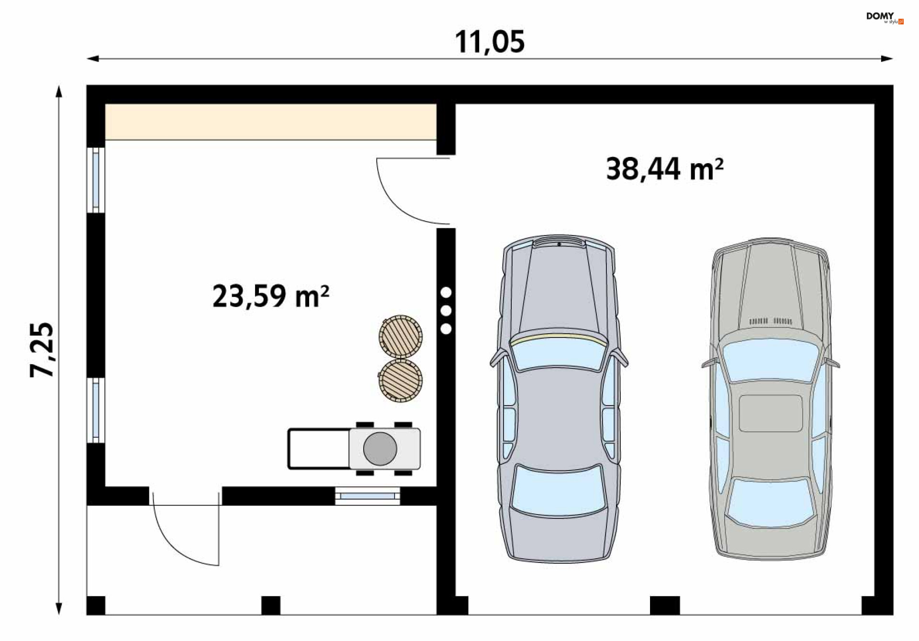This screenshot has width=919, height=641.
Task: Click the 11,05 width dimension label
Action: pyautogui.click(x=489, y=42)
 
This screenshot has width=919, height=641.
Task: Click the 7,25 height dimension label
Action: pyautogui.click(x=42, y=350)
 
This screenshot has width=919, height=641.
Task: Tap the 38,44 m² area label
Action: pyautogui.click(x=664, y=169)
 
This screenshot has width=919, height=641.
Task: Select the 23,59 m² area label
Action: pyautogui.click(x=270, y=296)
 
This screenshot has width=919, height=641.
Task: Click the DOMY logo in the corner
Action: pyautogui.click(x=885, y=18)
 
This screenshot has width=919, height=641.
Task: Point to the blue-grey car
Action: pyautogui.click(x=559, y=398)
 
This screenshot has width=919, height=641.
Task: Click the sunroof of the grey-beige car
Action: pyautogui.click(x=770, y=413)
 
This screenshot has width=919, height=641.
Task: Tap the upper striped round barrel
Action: pyautogui.click(x=401, y=337)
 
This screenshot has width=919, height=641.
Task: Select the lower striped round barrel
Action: pyautogui.click(x=401, y=381)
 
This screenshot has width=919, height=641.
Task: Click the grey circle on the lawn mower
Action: pyautogui.click(x=380, y=449)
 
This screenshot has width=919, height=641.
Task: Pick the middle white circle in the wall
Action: pyautogui.click(x=446, y=311)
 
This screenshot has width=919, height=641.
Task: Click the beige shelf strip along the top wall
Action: pyautogui.click(x=270, y=122)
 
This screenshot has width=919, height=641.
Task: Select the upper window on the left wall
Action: pyautogui.click(x=96, y=180)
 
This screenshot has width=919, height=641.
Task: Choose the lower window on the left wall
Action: pyautogui.click(x=96, y=410)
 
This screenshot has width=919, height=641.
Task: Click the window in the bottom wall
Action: pyautogui.click(x=368, y=496)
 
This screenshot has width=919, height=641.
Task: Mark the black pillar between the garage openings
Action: pyautogui.click(x=665, y=606)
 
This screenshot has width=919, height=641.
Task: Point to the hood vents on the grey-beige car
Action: pyautogui.click(x=770, y=321)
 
